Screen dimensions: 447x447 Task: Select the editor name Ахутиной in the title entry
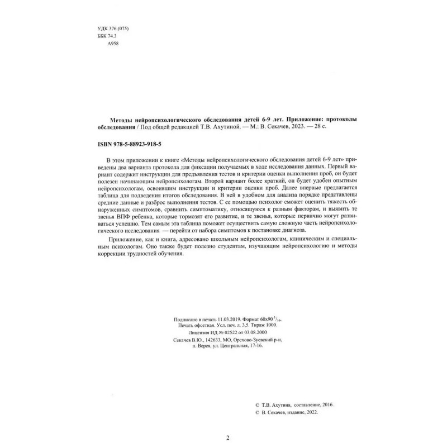226,128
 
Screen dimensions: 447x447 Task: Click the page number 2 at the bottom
227,438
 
